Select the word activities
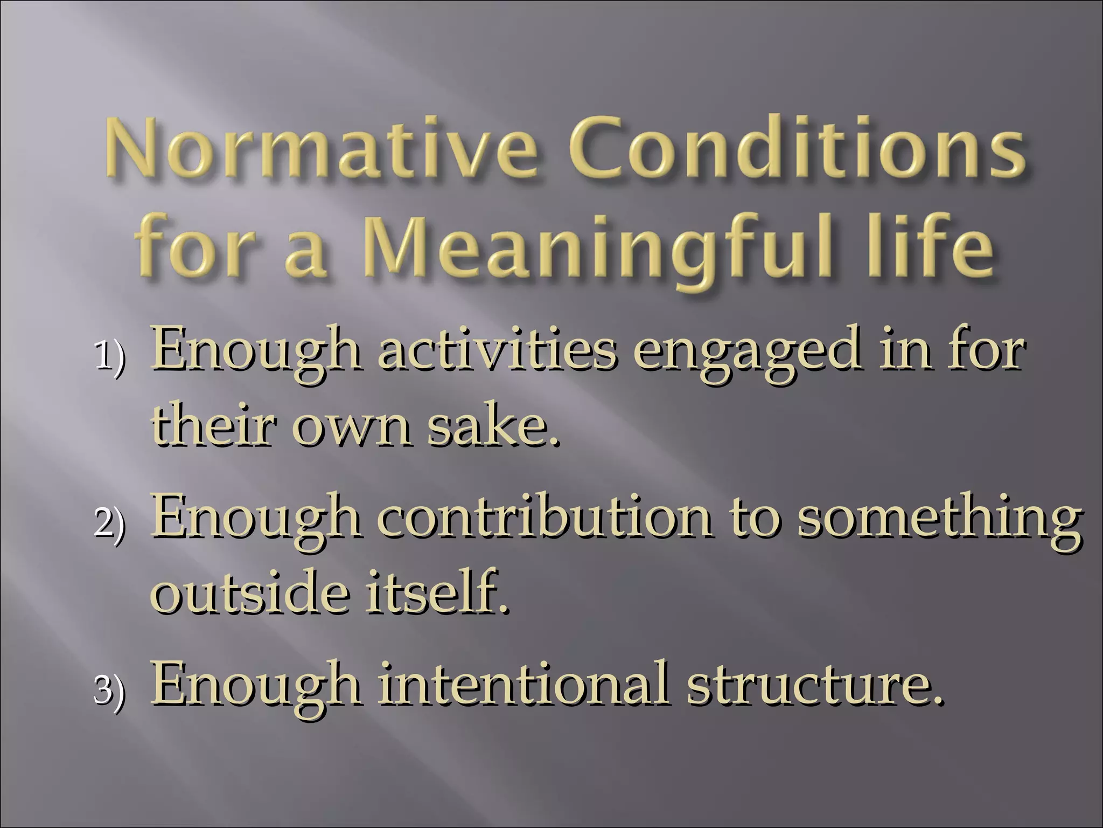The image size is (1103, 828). [494, 351]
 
